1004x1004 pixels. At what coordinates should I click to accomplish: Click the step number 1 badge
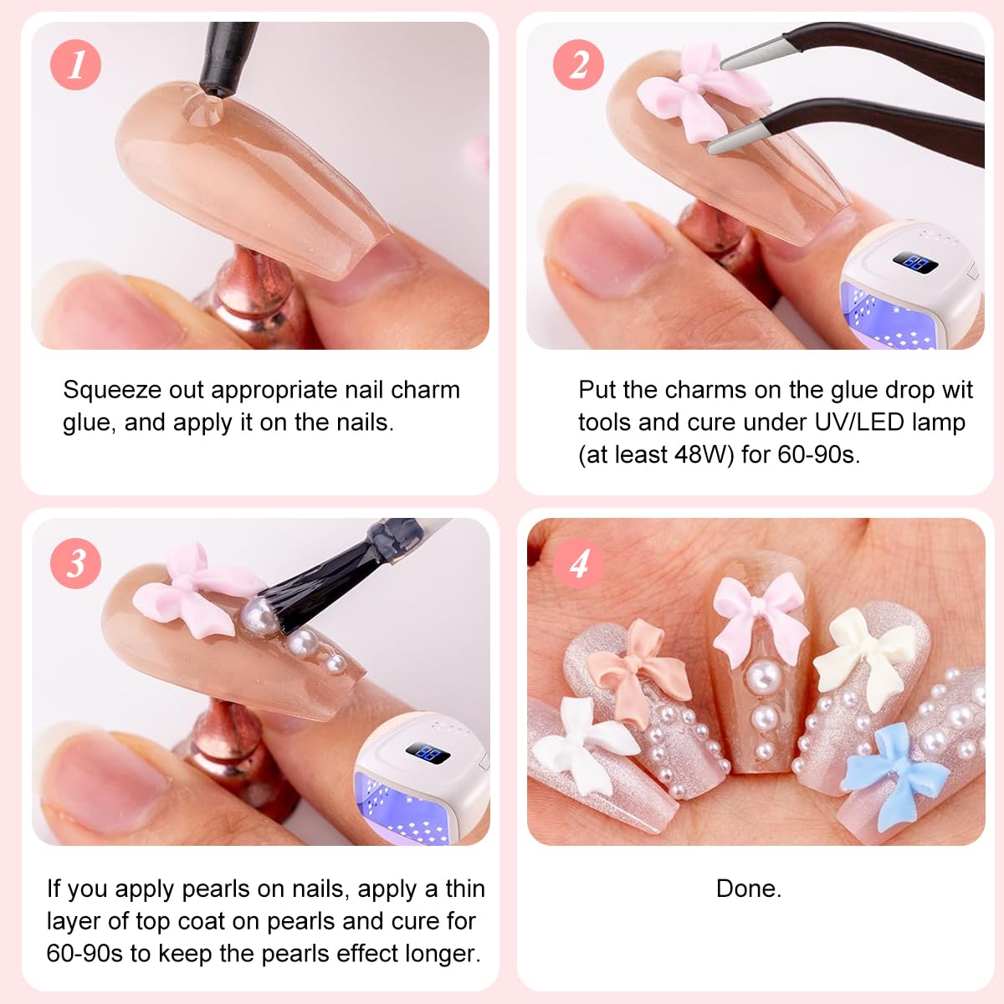[75, 64]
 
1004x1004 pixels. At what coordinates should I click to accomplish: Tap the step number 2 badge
[578, 64]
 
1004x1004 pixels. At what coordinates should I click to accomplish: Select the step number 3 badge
[75, 562]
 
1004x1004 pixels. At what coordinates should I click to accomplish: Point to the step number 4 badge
[578, 562]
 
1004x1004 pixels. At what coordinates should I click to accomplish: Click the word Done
[749, 889]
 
